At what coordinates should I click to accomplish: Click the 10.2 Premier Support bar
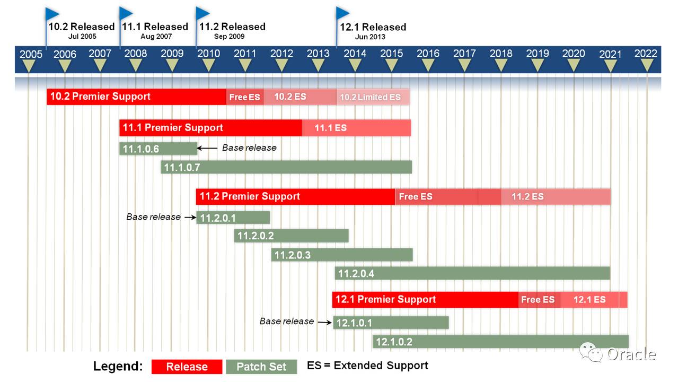click(136, 97)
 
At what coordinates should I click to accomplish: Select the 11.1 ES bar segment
click(356, 128)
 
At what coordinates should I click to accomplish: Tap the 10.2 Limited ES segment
click(373, 97)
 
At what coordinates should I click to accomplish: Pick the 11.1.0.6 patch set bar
click(158, 149)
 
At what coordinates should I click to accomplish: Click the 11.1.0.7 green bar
click(286, 168)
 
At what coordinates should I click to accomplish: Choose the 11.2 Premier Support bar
click(295, 196)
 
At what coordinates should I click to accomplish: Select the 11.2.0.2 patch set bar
click(291, 236)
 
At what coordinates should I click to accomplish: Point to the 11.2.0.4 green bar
click(472, 274)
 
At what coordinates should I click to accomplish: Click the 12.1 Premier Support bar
click(425, 299)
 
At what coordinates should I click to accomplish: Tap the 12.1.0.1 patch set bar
click(391, 323)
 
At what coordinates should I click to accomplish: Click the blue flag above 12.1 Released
click(343, 13)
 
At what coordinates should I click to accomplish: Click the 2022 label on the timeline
click(645, 54)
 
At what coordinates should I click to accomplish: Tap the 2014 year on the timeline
click(355, 54)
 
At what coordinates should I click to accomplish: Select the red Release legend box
click(187, 367)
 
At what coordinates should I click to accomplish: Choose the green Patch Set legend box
click(261, 367)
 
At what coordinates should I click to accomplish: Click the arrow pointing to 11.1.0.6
click(207, 149)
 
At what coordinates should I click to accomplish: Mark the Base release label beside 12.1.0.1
click(286, 321)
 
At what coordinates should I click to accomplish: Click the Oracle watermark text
click(631, 354)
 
